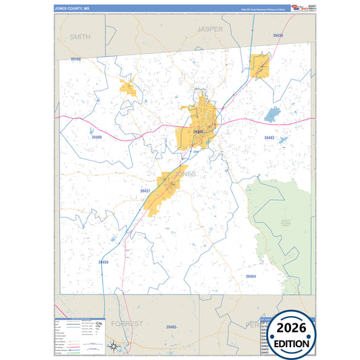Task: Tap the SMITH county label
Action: (80, 37)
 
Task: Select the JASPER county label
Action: (209, 30)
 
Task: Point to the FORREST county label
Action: (127, 324)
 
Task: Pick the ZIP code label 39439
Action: (278, 35)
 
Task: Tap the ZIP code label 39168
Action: (75, 59)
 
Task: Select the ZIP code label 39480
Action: (96, 137)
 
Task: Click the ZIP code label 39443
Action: (269, 137)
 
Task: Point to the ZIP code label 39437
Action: (145, 191)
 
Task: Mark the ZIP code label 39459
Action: (103, 261)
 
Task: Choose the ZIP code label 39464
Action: (251, 276)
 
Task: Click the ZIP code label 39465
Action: (171, 327)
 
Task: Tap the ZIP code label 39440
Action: (198, 132)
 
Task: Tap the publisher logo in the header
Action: (298, 8)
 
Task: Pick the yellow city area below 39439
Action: (260, 66)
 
